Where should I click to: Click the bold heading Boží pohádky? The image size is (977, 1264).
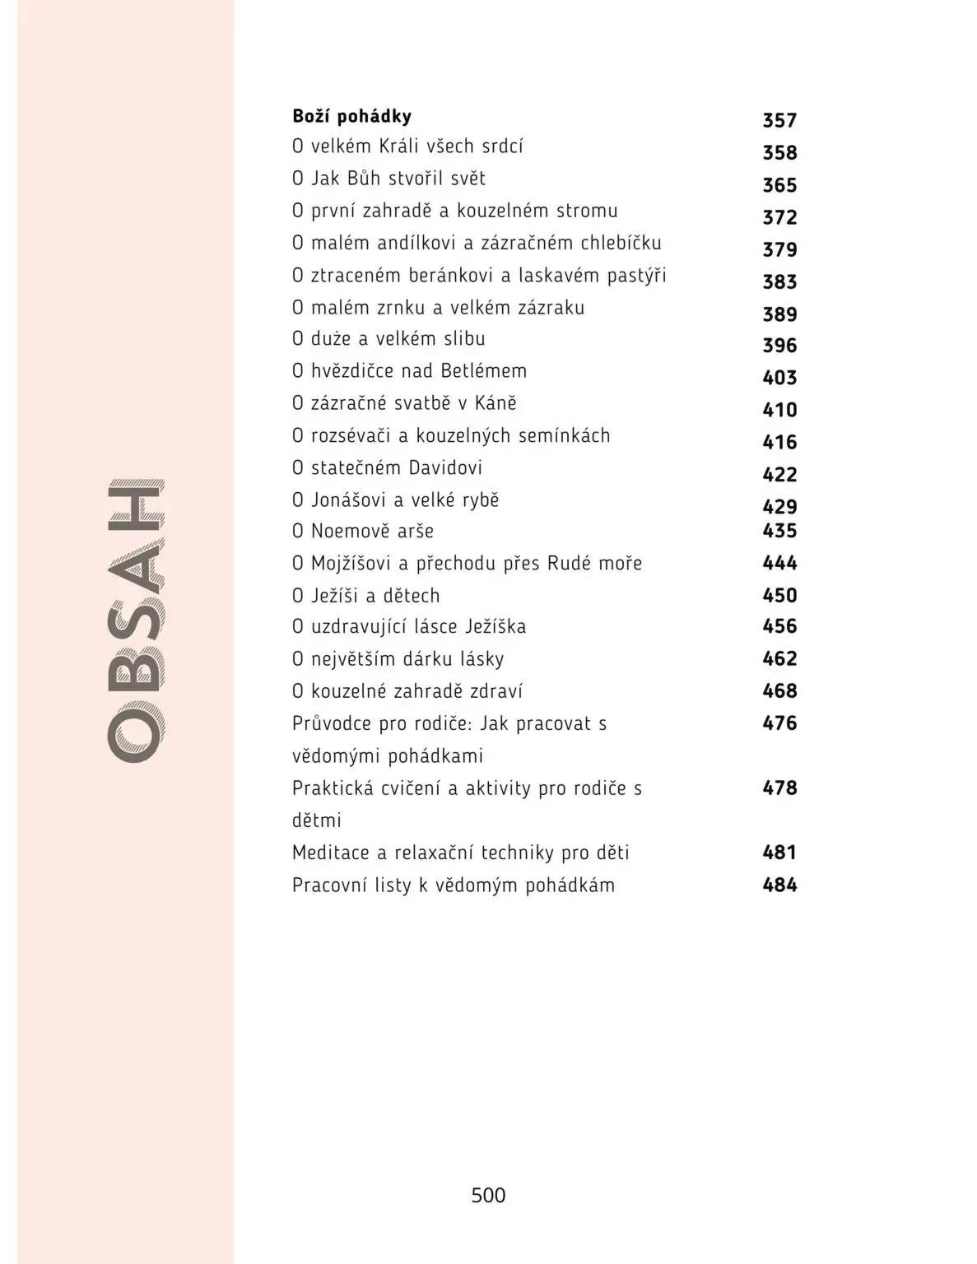(351, 116)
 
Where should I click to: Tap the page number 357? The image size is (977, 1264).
(779, 121)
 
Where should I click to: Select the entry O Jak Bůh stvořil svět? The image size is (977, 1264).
(388, 179)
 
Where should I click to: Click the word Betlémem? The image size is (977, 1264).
(483, 371)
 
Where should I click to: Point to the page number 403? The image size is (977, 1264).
(779, 378)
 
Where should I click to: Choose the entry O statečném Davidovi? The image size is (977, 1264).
(387, 468)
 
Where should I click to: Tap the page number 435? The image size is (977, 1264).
(779, 531)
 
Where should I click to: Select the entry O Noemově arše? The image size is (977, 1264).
(363, 532)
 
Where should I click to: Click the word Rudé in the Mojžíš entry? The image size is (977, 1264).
(573, 564)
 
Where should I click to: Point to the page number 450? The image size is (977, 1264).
(779, 595)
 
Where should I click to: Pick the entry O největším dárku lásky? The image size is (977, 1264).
(398, 659)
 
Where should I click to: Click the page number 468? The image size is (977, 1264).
(779, 691)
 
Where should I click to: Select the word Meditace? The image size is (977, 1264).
(330, 853)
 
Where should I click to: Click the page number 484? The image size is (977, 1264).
(779, 885)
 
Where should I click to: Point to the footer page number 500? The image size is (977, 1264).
(488, 1196)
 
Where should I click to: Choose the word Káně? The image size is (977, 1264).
(496, 403)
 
